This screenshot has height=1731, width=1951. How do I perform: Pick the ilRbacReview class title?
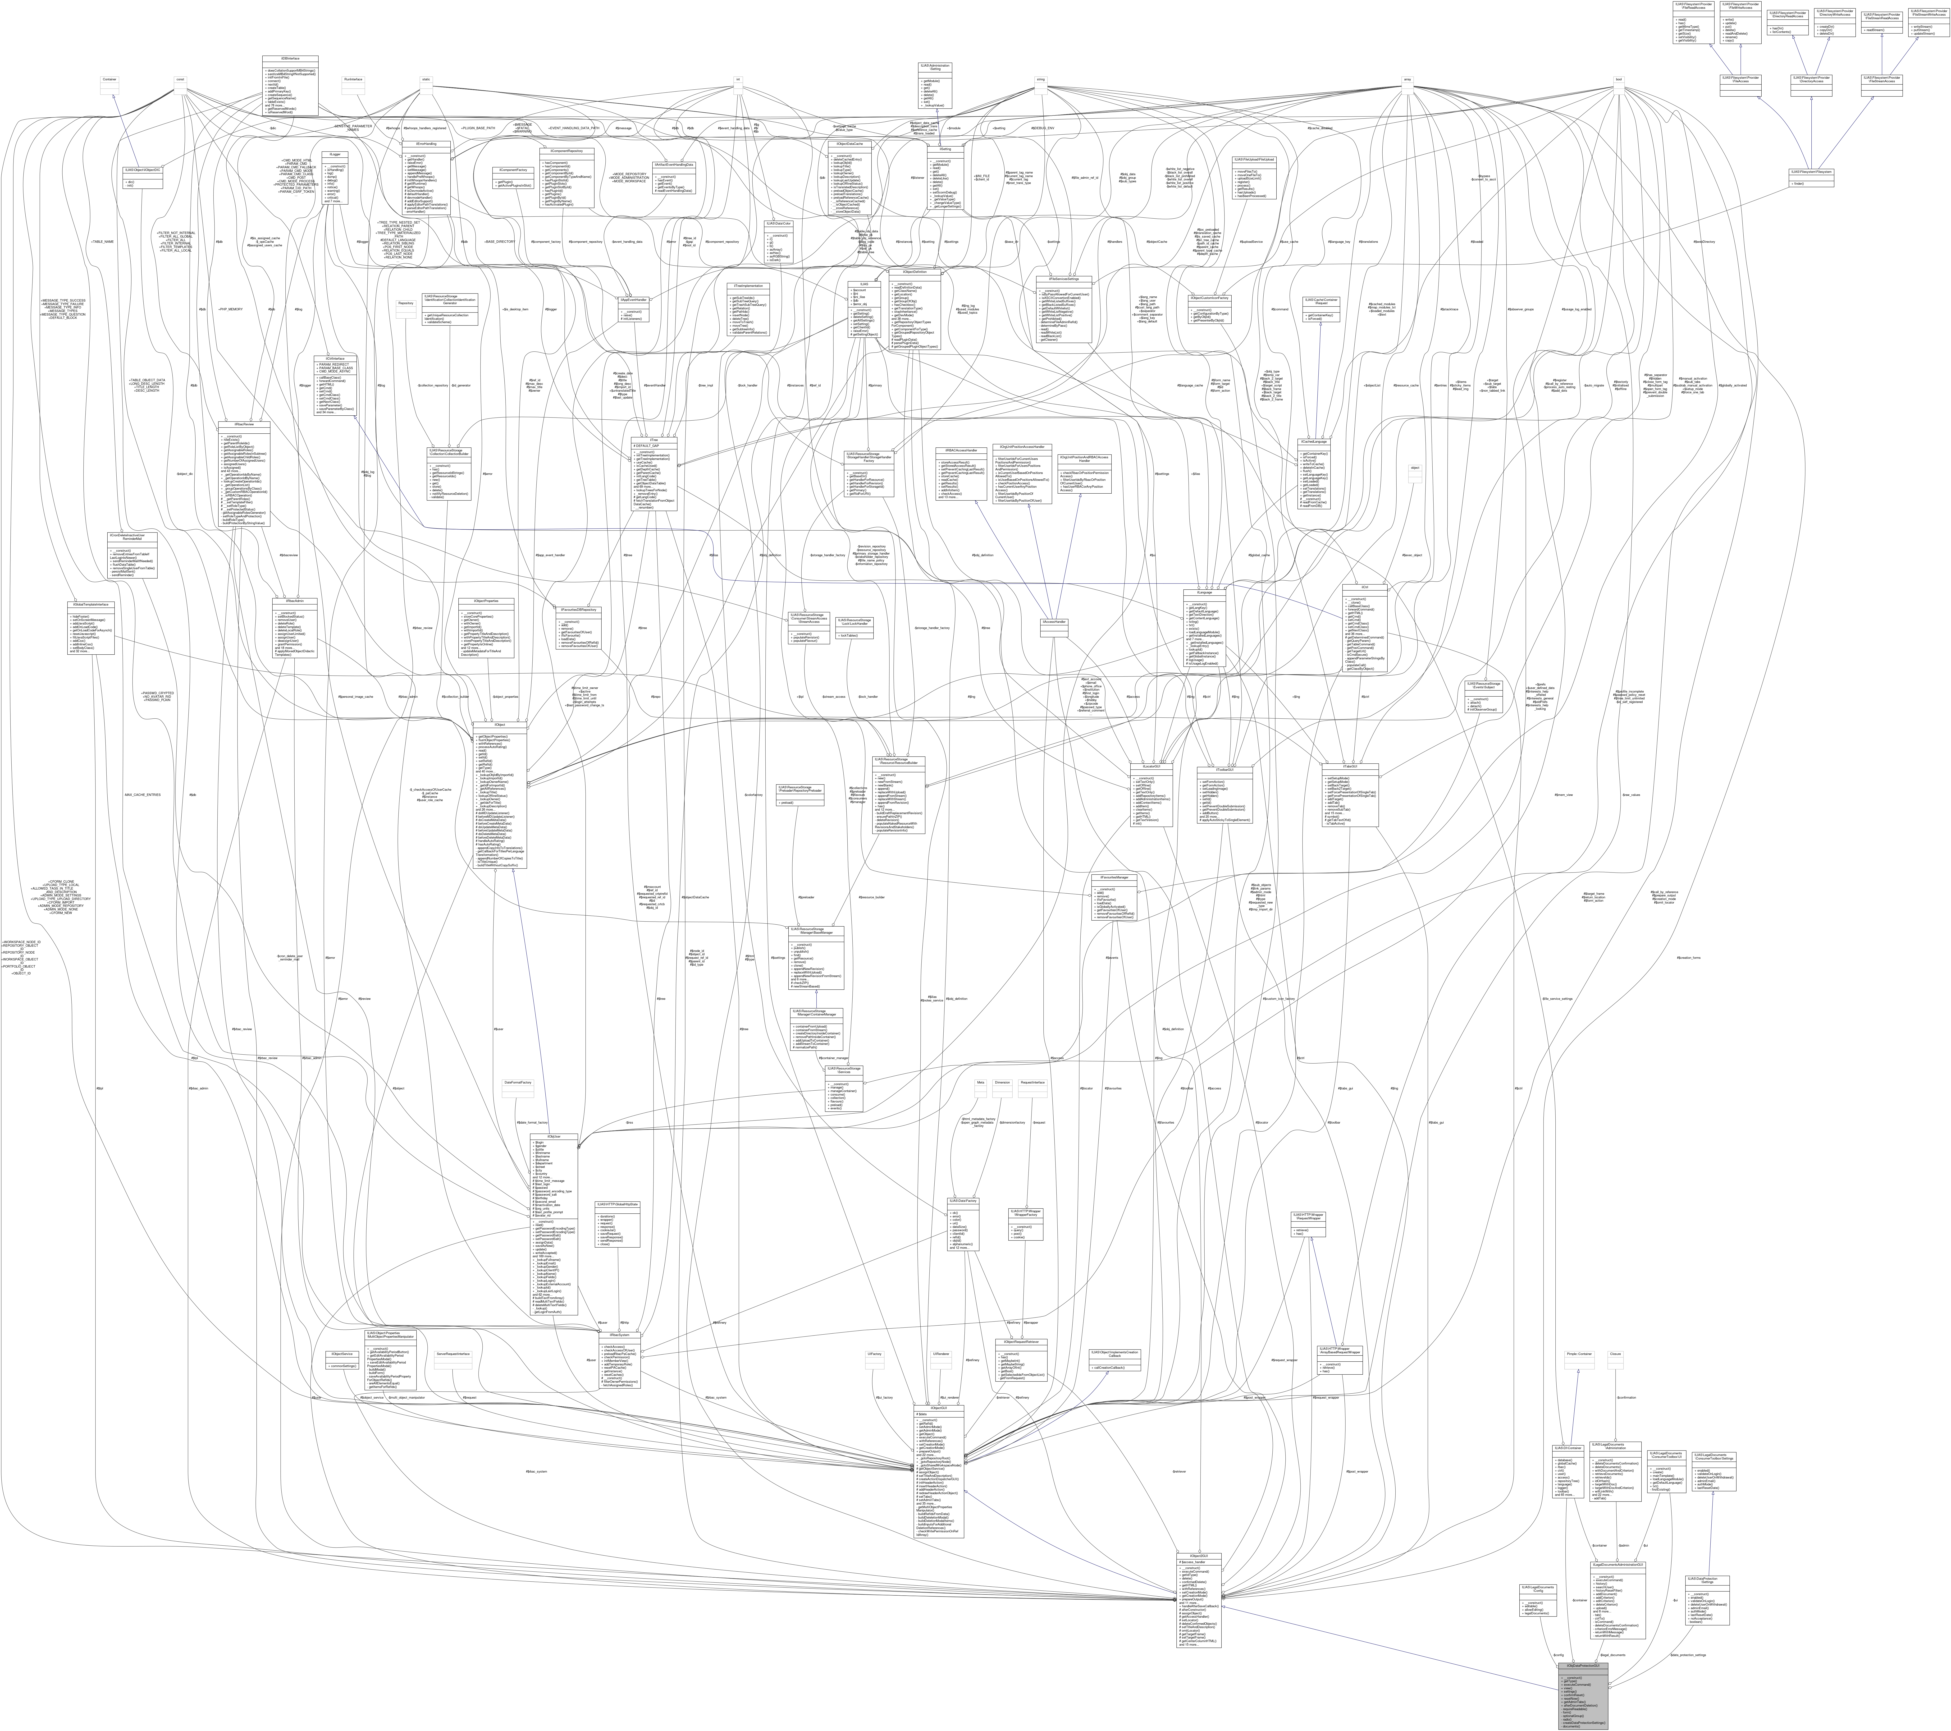click(x=244, y=424)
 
